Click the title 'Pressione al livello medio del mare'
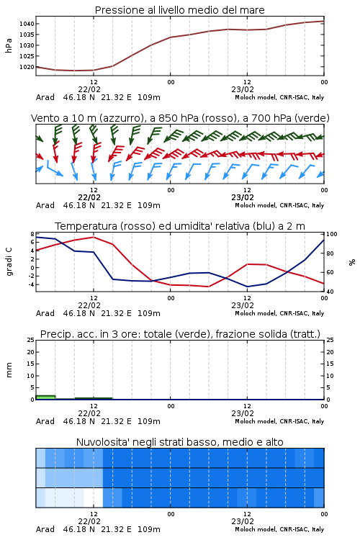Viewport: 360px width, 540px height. point(179,10)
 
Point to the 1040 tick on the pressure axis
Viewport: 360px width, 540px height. point(27,24)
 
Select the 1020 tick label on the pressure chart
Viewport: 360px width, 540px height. point(27,67)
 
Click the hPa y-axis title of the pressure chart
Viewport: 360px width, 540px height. point(9,45)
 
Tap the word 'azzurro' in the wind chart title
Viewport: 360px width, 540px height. point(120,118)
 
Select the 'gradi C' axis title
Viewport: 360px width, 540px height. point(9,262)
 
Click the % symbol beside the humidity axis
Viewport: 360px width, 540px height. point(352,262)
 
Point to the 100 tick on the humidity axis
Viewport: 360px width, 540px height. point(332,234)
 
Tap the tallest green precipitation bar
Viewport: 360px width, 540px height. point(45,397)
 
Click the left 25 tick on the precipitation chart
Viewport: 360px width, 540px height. point(31,340)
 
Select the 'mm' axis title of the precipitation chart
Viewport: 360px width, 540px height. point(9,370)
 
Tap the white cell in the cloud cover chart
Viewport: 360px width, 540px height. point(93,498)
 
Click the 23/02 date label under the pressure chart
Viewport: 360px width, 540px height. point(243,89)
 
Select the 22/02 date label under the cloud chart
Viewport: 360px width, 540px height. point(89,521)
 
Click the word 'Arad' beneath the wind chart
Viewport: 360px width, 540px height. point(45,205)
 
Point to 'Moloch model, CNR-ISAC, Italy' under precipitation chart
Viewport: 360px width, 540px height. point(279,421)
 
